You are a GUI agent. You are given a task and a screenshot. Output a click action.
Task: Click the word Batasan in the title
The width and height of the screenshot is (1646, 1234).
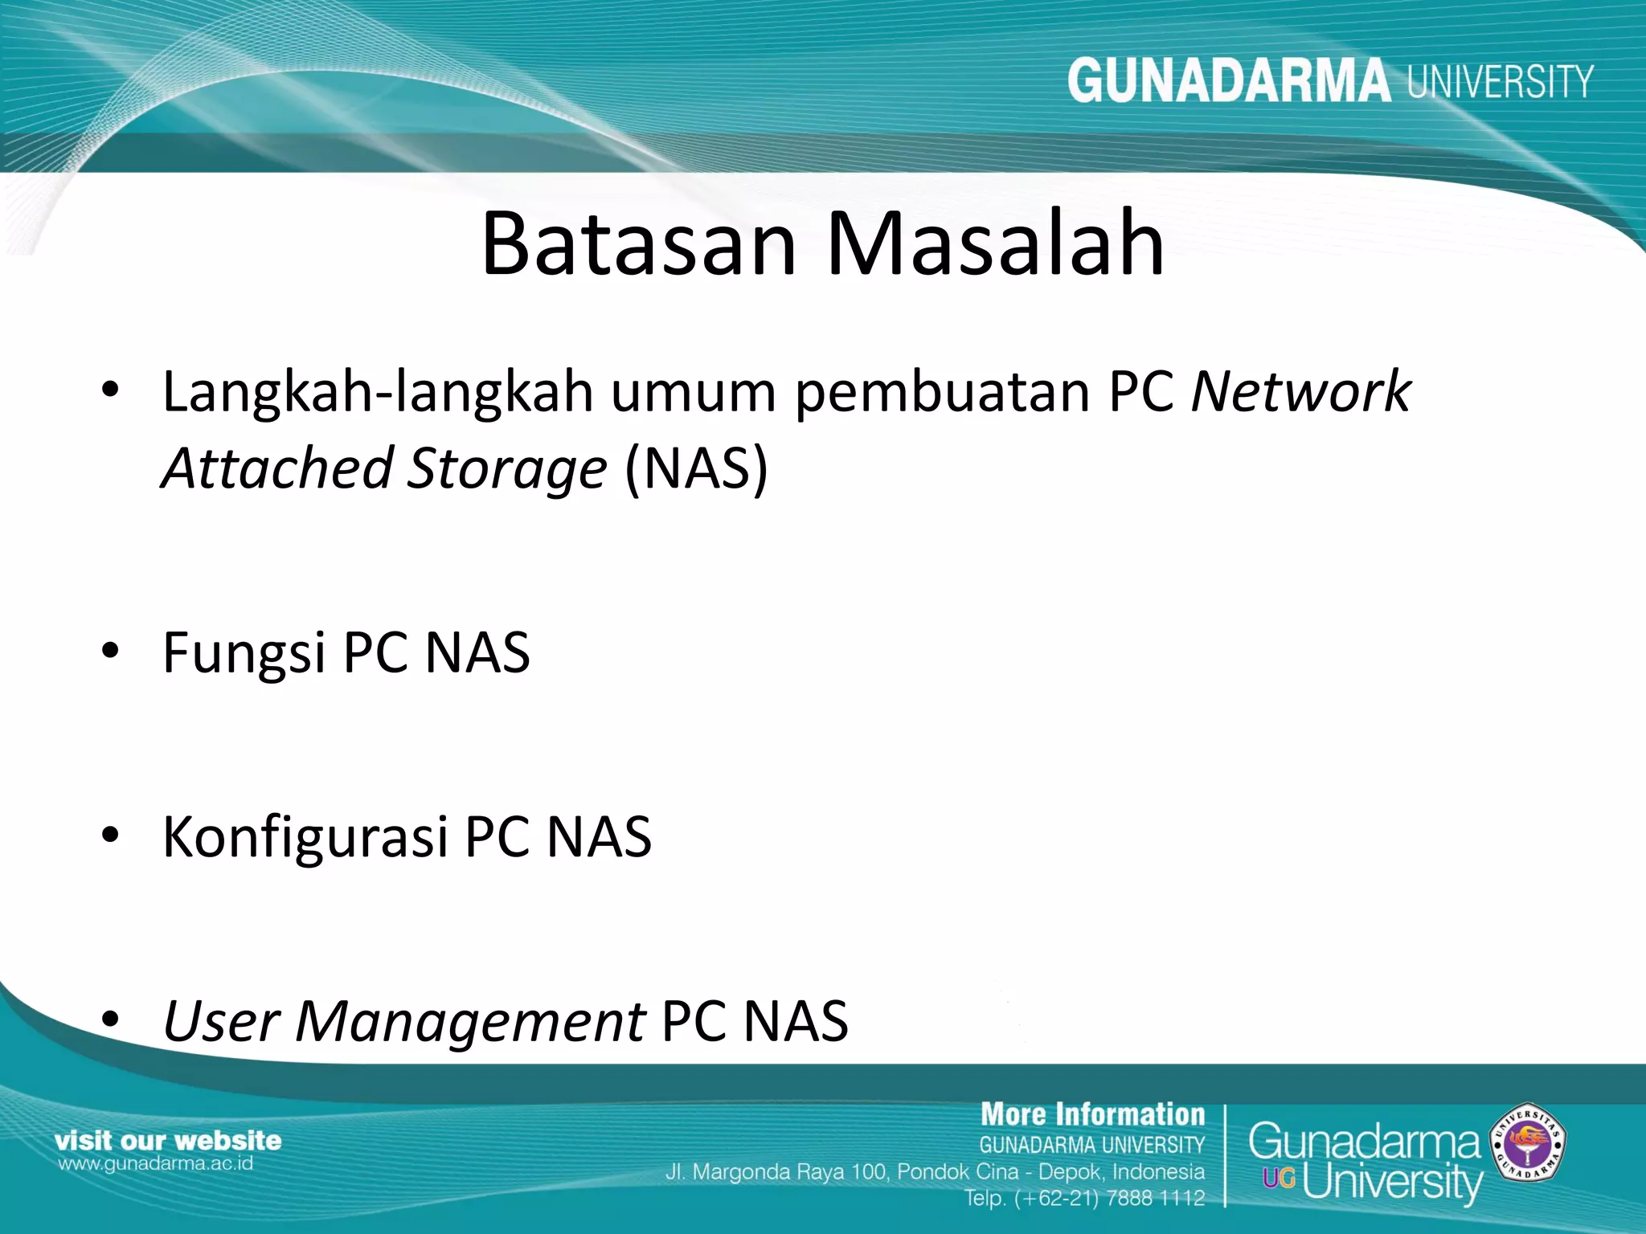tap(639, 243)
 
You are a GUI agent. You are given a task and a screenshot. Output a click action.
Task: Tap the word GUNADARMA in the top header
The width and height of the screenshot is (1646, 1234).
tap(1228, 81)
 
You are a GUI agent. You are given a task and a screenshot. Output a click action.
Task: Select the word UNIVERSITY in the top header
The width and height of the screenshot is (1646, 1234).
tap(1500, 82)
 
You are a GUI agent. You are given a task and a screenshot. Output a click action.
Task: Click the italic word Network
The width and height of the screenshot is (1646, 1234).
tap(1300, 392)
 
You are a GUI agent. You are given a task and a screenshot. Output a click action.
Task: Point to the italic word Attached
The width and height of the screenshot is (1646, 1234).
tap(276, 468)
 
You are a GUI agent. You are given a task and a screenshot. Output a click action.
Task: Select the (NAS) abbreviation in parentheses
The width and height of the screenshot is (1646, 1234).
tap(696, 468)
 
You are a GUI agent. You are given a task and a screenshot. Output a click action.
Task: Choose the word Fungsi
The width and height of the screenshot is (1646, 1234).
tap(244, 653)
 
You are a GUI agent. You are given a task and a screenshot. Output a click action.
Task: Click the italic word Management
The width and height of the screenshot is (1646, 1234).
tap(470, 1022)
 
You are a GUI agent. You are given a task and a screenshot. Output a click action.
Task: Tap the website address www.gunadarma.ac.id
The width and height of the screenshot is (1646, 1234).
tap(155, 1163)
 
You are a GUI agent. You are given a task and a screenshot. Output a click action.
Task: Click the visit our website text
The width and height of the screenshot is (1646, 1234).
tap(168, 1140)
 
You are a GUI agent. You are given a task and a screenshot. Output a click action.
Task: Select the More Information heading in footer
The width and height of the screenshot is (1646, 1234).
tap(1092, 1115)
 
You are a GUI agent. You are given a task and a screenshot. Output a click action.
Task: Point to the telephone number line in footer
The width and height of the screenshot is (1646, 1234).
tap(1084, 1198)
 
